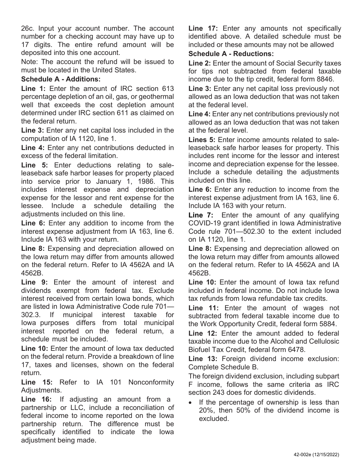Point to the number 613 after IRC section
coord(168,88)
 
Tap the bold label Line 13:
coord(203,358)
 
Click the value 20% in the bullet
coord(206,410)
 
